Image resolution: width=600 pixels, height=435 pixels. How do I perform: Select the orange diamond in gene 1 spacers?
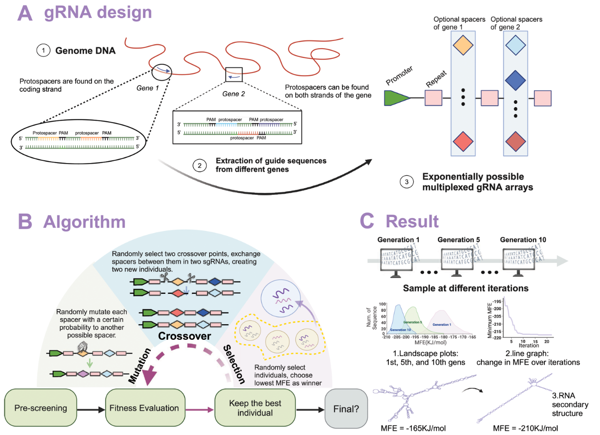point(463,45)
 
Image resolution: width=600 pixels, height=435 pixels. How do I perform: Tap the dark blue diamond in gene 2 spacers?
point(516,80)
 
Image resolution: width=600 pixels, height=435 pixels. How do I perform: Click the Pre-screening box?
point(41,408)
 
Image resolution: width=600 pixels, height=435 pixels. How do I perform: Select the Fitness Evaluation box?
point(145,408)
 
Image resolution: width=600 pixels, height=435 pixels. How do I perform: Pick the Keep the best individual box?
point(255,408)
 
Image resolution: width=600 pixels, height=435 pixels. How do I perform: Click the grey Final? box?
point(346,409)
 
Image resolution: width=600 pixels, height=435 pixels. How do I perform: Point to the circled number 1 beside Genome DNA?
point(43,50)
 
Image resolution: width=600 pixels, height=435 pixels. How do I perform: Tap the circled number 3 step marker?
point(407,182)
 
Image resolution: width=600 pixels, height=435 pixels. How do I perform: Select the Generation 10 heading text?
point(522,240)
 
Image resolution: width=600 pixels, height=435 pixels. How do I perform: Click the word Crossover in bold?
point(185,336)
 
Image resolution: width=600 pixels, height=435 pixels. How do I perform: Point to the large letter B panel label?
point(25,221)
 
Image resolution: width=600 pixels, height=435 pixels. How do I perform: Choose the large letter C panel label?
point(367,221)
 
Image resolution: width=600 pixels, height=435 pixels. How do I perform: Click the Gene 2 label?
point(233,94)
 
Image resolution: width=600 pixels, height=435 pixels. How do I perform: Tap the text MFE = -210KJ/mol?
point(525,428)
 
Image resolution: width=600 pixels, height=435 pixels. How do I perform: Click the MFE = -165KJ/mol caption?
point(413,428)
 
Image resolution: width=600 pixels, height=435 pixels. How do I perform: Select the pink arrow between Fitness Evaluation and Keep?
point(200,410)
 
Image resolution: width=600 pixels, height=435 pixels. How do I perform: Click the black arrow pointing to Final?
point(310,410)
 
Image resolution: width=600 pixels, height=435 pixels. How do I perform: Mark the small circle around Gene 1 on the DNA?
point(162,71)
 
